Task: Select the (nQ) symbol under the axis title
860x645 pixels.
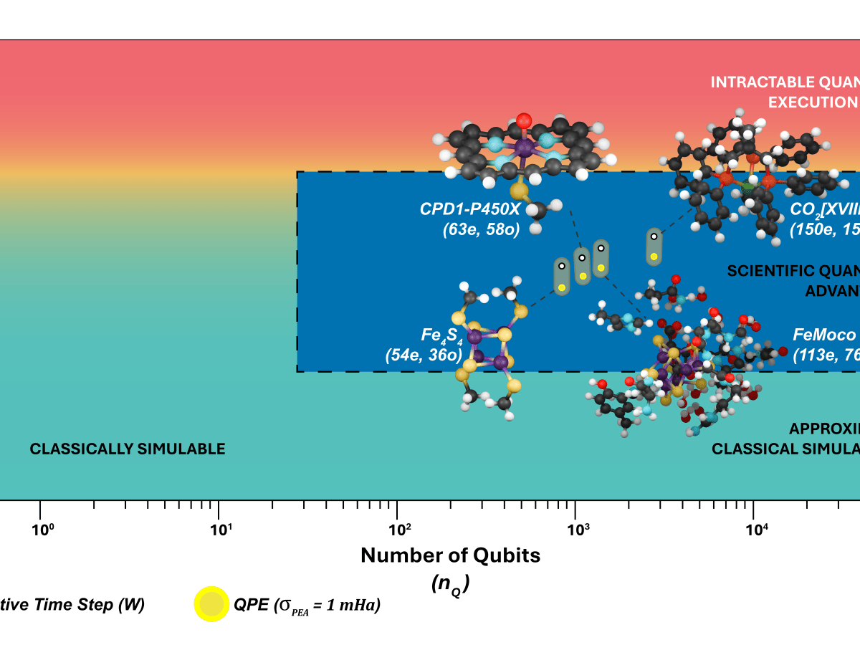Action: [x=450, y=584]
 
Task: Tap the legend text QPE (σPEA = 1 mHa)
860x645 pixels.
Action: [x=307, y=606]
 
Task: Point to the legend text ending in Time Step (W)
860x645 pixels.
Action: [x=72, y=606]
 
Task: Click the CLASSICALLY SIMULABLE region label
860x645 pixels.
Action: [x=128, y=449]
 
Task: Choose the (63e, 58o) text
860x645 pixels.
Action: [x=481, y=230]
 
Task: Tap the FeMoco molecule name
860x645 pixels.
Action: [x=824, y=335]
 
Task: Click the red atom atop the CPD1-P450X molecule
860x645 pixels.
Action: [x=524, y=119]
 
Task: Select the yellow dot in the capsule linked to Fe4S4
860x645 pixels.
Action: [x=561, y=287]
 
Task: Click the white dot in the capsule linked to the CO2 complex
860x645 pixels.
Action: [x=654, y=236]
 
